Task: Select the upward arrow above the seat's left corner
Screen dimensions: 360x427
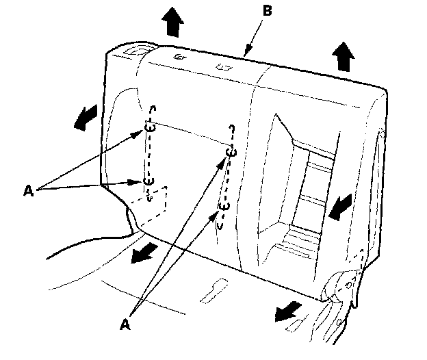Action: coord(174,23)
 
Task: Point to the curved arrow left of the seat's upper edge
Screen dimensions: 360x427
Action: coord(84,119)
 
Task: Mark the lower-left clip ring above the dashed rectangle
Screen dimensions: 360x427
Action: coord(149,181)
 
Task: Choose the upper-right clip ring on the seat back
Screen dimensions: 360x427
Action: coord(232,153)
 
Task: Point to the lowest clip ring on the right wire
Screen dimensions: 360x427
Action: coord(223,205)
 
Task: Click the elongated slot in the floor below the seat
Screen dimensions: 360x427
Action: coord(213,290)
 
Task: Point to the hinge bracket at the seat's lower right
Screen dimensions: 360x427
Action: coord(348,281)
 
